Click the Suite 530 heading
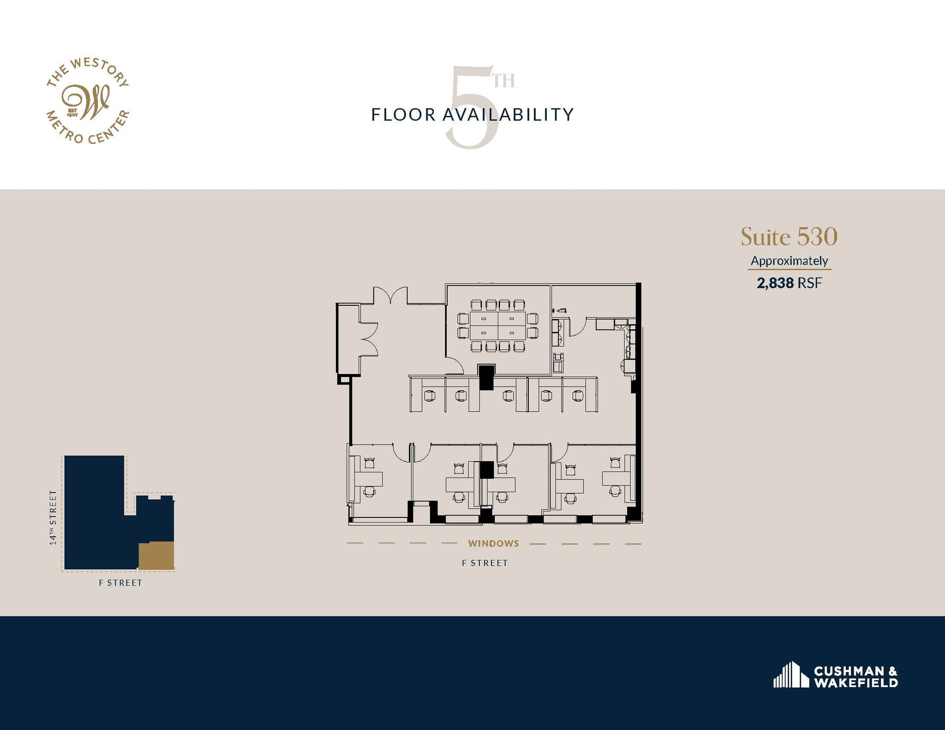click(x=789, y=237)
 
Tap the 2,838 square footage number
click(x=775, y=283)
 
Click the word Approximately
click(x=789, y=261)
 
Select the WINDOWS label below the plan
click(x=493, y=543)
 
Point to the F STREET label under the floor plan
click(x=485, y=563)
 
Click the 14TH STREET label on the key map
click(x=54, y=517)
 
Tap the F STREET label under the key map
click(x=120, y=583)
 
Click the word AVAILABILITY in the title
click(x=508, y=115)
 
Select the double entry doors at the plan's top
click(x=390, y=295)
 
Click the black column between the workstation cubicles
click(x=486, y=377)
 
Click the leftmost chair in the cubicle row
click(x=430, y=396)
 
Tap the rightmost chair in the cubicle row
click(x=578, y=396)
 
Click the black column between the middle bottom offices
click(x=486, y=469)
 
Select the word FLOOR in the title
click(x=403, y=115)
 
